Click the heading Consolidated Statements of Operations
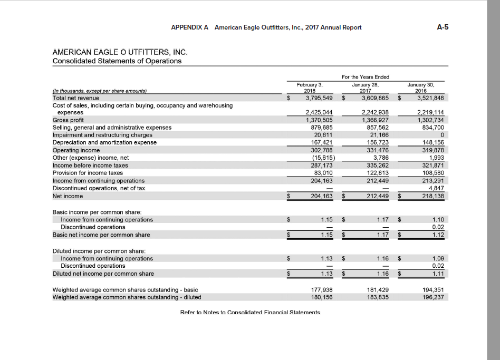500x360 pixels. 117,61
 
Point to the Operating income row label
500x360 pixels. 76,150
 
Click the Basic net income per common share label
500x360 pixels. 101,235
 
